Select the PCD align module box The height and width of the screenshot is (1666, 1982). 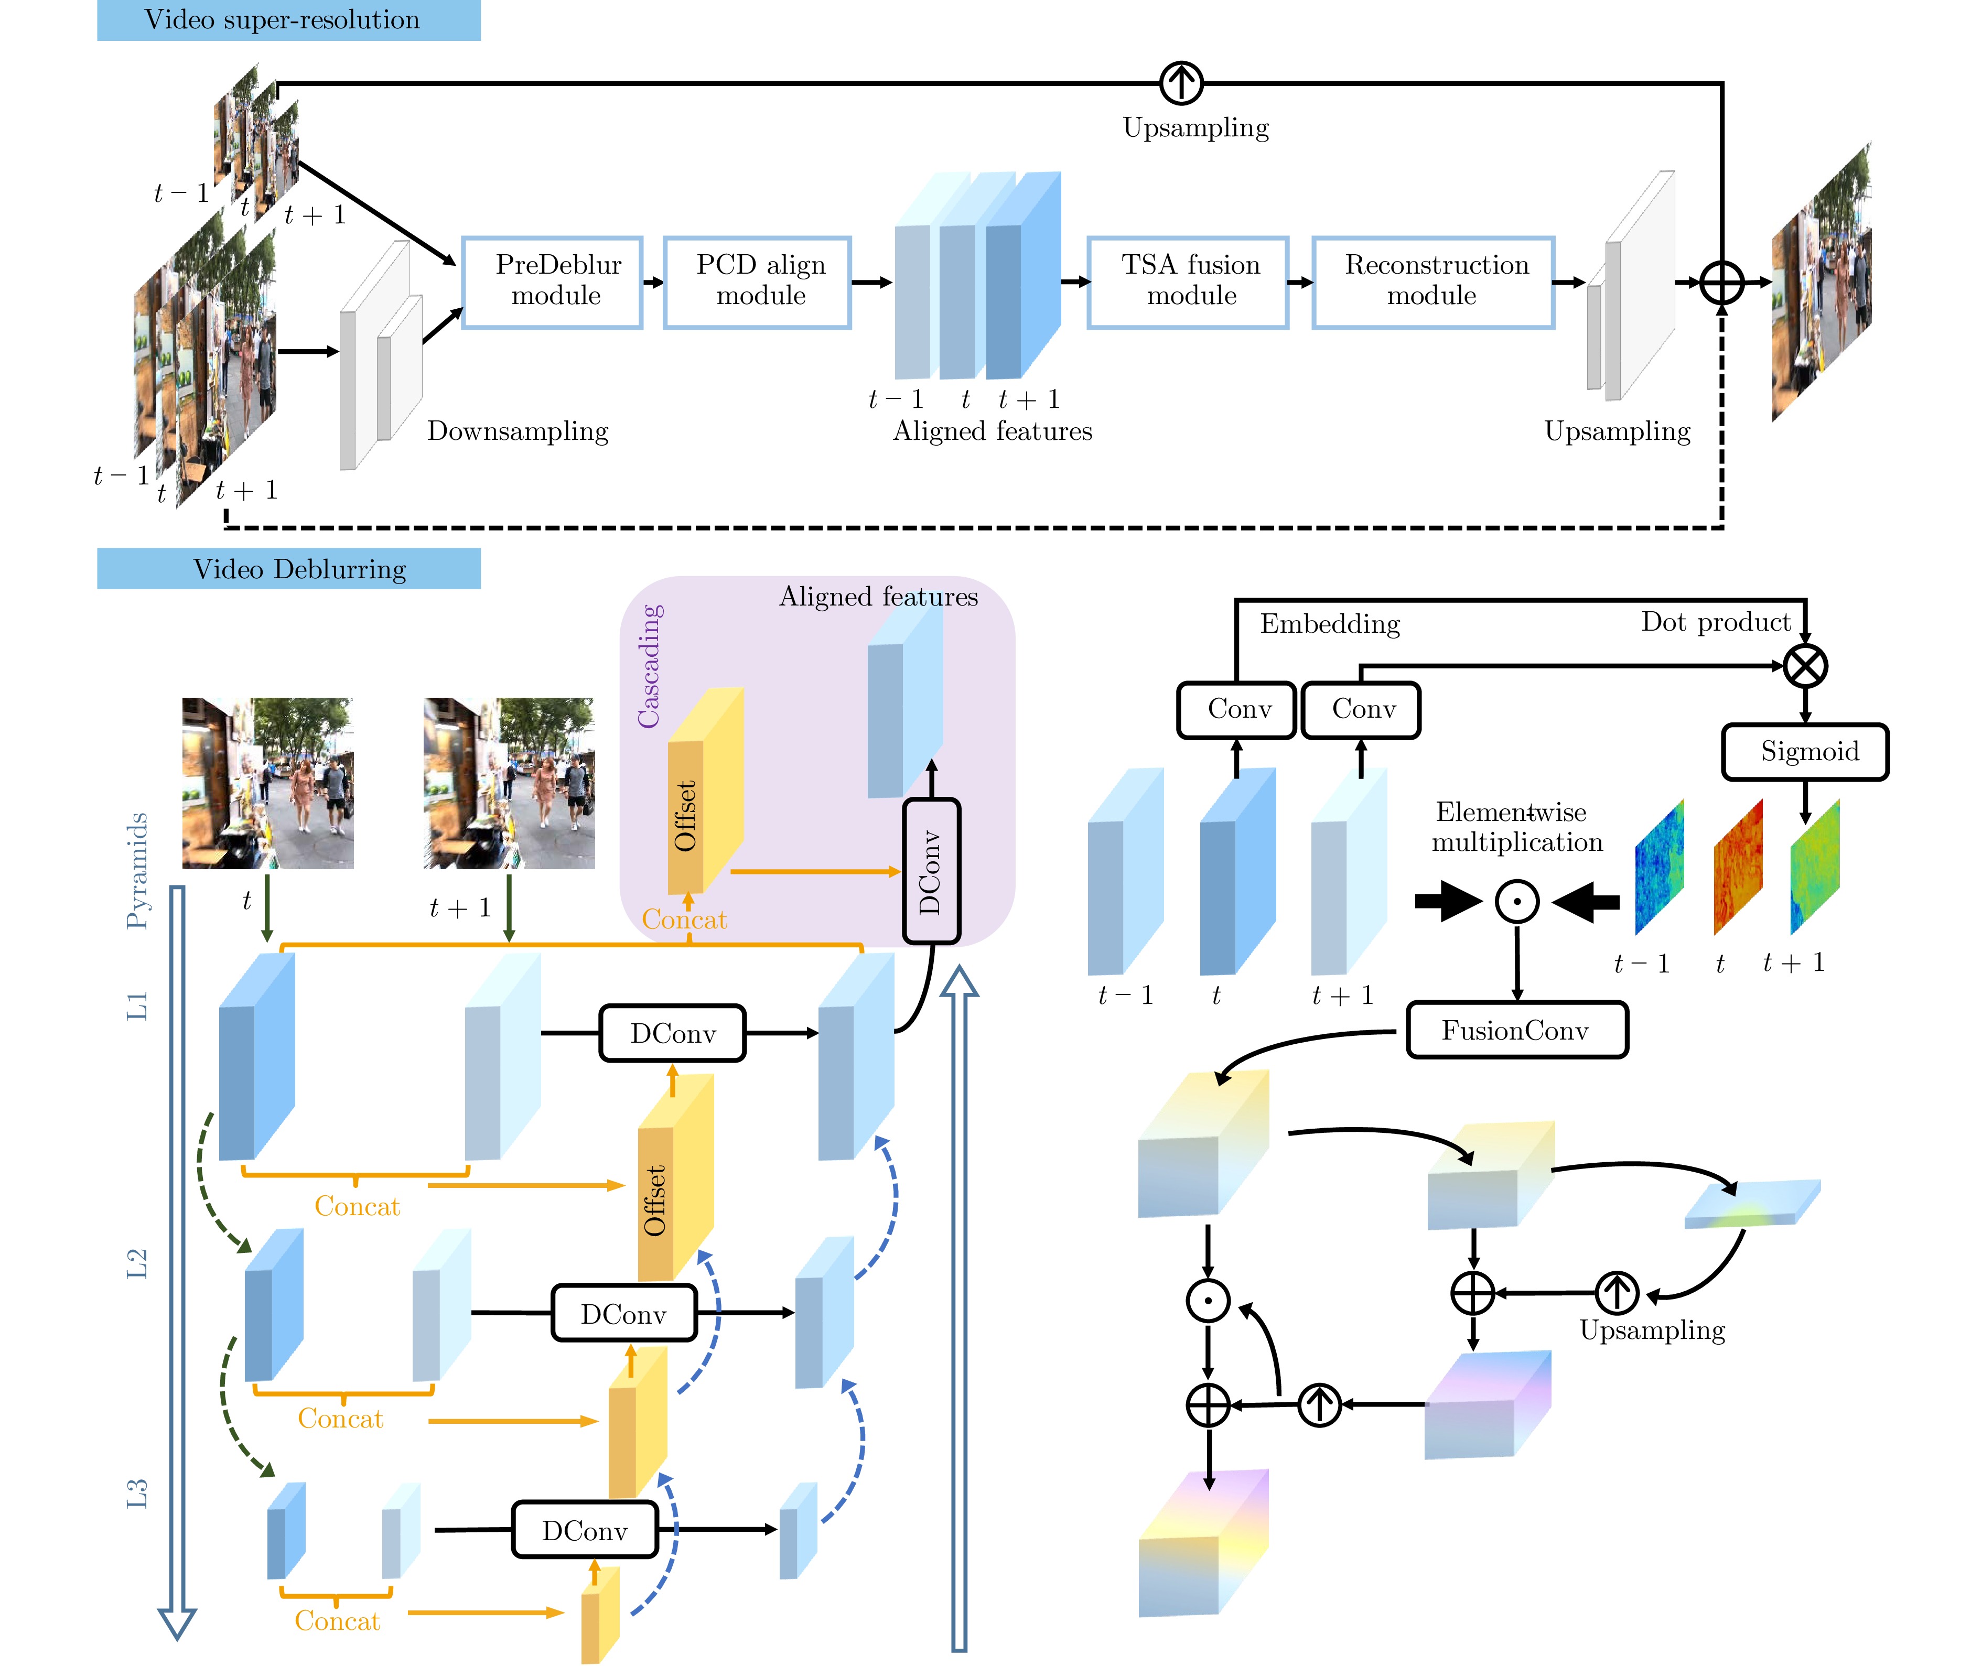(x=758, y=283)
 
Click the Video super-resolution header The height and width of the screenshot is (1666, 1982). (x=289, y=20)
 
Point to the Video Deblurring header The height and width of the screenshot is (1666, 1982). (x=289, y=569)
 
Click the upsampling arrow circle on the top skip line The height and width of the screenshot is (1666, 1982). (x=1181, y=83)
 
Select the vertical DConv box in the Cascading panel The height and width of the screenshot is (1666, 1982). (x=931, y=871)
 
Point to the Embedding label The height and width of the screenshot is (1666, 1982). (x=1329, y=624)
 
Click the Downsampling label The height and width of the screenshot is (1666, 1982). (x=518, y=431)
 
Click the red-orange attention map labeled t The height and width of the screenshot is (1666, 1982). (x=1738, y=867)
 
